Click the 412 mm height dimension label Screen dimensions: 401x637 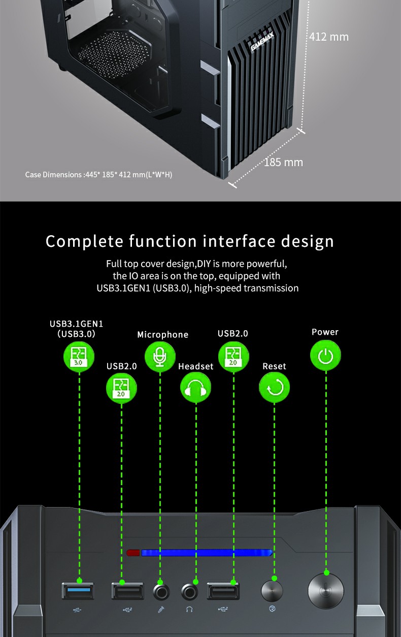point(329,37)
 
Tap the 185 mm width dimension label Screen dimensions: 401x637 point(283,163)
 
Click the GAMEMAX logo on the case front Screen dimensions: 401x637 point(262,42)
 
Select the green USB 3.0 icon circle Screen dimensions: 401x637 point(79,357)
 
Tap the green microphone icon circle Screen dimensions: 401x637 point(160,357)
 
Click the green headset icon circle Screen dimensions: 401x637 point(195,388)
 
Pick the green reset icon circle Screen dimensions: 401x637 point(274,388)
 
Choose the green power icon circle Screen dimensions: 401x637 point(325,356)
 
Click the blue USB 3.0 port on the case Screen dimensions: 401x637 point(78,591)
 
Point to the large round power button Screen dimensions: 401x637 point(326,591)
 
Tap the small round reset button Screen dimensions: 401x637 point(272,591)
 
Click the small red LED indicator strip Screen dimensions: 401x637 point(133,553)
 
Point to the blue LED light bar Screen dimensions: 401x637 point(207,553)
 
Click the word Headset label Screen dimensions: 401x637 point(195,366)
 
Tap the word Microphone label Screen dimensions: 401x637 point(162,335)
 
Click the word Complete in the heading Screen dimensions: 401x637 point(84,242)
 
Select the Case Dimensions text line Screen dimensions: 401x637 point(98,175)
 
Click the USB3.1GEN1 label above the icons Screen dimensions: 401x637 point(76,324)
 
